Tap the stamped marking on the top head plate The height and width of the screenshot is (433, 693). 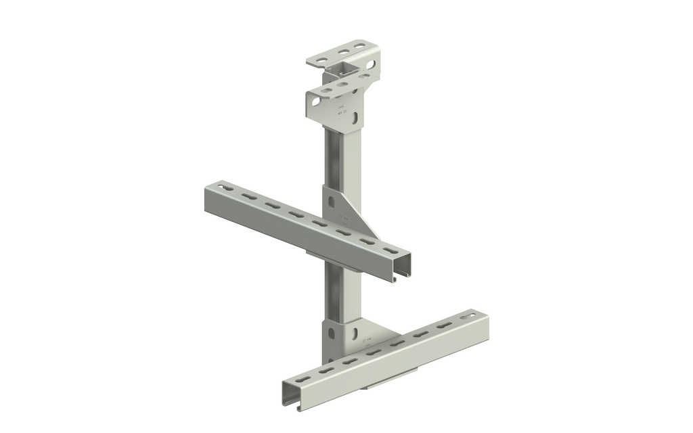(341, 111)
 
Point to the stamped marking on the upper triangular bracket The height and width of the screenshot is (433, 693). (342, 219)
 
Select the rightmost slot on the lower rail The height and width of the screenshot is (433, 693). (467, 316)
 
